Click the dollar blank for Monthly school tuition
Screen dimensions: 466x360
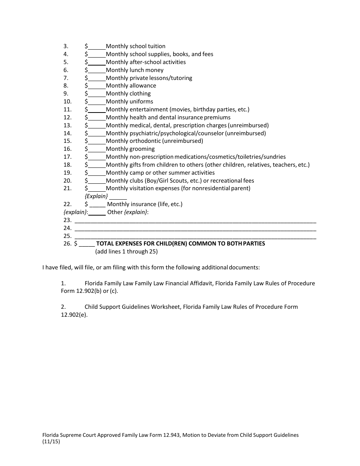click(97, 47)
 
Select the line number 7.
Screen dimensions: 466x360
click(66, 78)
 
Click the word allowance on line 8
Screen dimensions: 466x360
click(143, 86)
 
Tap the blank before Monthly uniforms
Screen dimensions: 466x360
click(97, 102)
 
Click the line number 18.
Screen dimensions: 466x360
click(67, 165)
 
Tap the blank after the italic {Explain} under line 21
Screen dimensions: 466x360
click(118, 197)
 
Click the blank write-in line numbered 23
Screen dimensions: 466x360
click(195, 220)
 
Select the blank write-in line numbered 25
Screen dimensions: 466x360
click(195, 236)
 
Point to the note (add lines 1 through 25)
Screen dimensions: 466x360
click(126, 252)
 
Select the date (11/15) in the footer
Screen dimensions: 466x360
click(51, 441)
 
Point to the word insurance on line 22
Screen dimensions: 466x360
click(143, 204)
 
